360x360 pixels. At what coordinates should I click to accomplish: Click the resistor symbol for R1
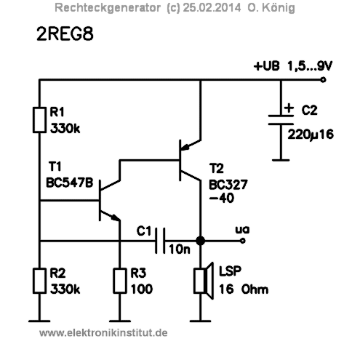click(38, 120)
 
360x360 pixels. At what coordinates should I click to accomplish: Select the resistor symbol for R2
click(38, 281)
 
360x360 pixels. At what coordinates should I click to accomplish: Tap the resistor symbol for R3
click(120, 281)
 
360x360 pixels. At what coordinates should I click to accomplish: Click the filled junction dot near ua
click(200, 239)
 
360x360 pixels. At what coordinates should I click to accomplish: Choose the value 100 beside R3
click(143, 289)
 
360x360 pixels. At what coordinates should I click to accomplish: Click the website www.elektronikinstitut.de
click(103, 332)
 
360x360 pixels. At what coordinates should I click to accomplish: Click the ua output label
click(243, 229)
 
